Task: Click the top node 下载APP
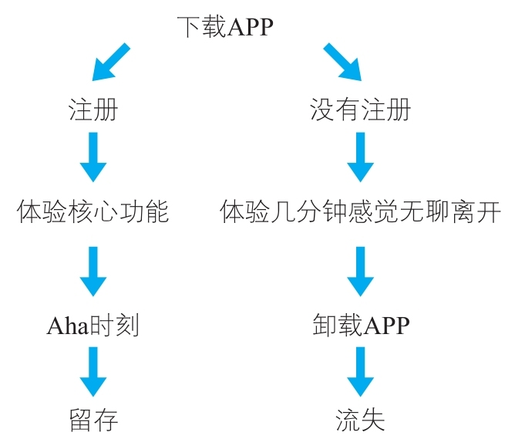[x=224, y=28]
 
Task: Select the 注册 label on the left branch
[x=93, y=110]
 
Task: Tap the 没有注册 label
[x=360, y=110]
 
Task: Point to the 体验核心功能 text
[x=93, y=211]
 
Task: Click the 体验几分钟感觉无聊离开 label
[x=361, y=211]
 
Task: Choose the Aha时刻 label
[x=93, y=326]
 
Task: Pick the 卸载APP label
[x=361, y=326]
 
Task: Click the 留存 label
[x=93, y=420]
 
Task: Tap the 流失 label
[x=360, y=420]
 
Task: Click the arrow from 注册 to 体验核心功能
[x=93, y=157]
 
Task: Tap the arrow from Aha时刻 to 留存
[x=93, y=372]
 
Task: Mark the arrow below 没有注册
[x=360, y=157]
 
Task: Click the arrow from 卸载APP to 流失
[x=360, y=372]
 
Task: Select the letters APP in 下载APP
[x=251, y=29]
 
